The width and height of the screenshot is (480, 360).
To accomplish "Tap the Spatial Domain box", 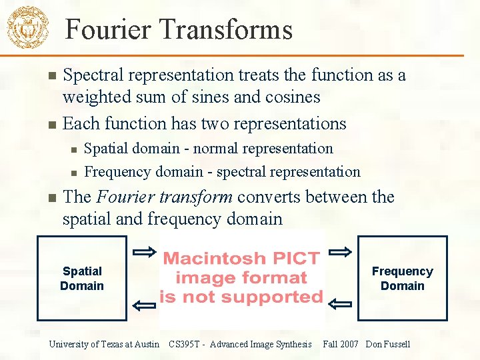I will click(x=82, y=279).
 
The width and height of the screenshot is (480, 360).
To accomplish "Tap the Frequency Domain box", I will click(x=402, y=279).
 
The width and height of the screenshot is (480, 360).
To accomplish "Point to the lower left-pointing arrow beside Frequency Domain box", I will click(x=341, y=305).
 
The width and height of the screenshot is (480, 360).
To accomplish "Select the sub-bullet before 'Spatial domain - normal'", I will click(x=75, y=149).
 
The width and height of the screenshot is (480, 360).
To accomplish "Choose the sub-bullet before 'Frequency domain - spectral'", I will click(x=75, y=172).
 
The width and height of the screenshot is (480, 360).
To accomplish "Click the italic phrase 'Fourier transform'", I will click(x=165, y=197).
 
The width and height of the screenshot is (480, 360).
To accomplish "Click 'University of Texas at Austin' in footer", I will click(x=104, y=344).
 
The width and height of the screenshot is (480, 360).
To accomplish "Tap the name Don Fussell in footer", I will click(x=388, y=344).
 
